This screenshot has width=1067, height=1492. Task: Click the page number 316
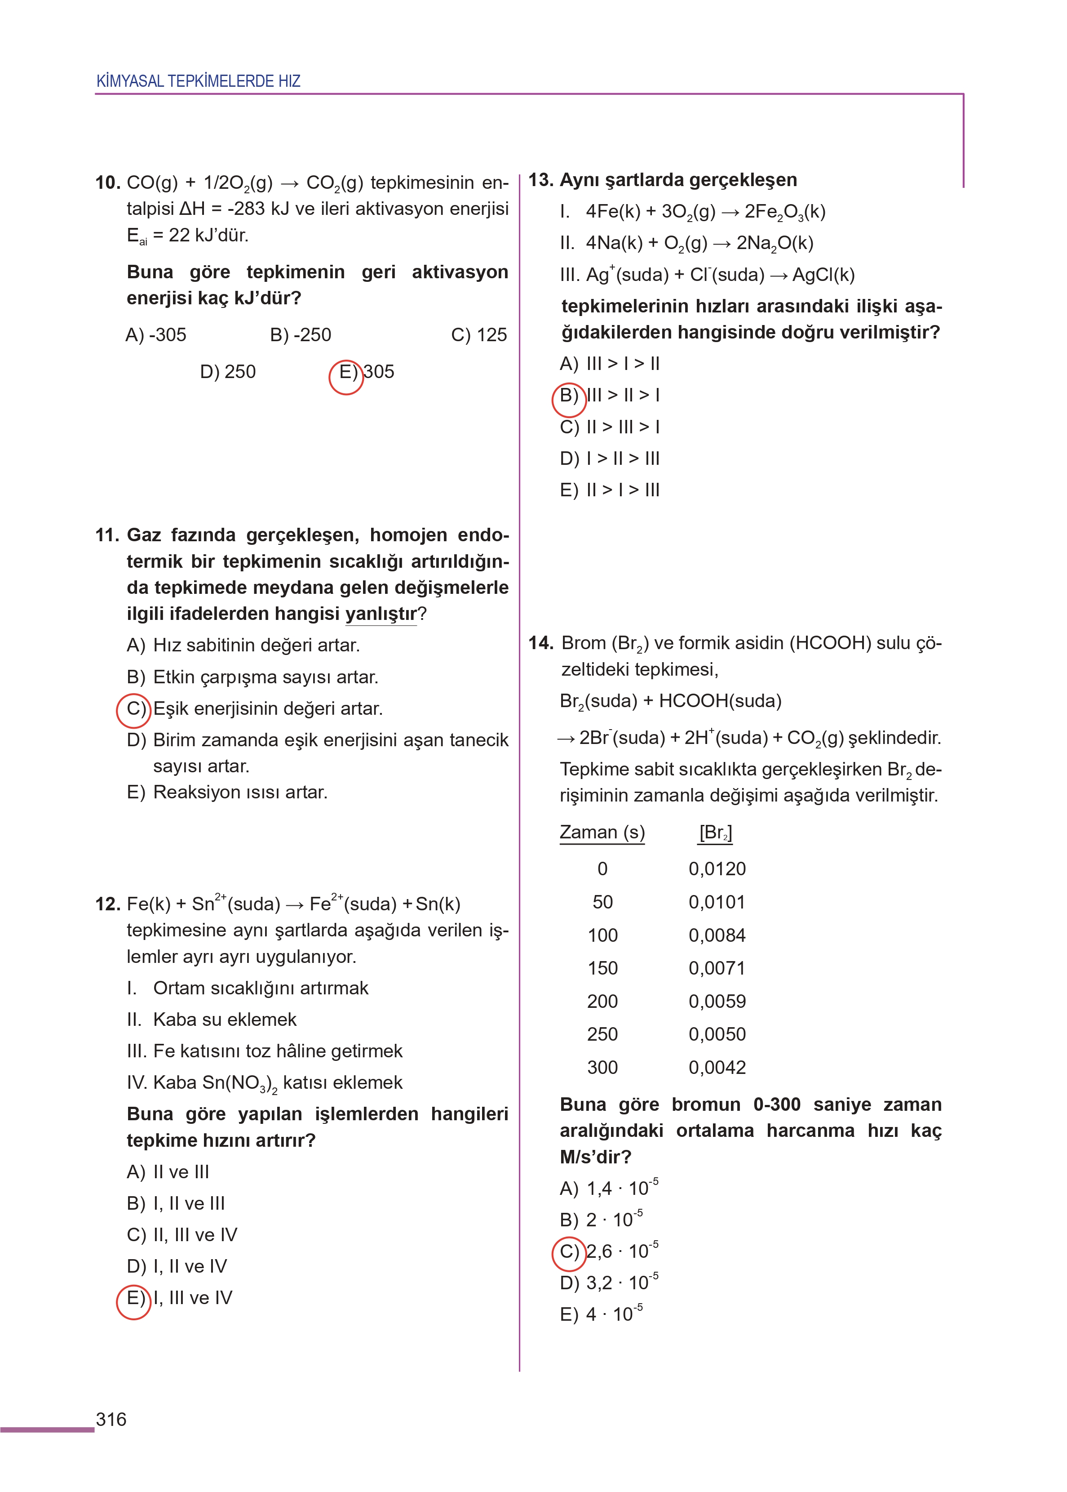[x=111, y=1419]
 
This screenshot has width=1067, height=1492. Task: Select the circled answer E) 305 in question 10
[x=347, y=373]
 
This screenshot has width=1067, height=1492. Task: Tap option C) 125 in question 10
[x=478, y=335]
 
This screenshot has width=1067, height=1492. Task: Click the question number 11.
[x=106, y=535]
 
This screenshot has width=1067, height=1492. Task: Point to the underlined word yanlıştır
[x=381, y=614]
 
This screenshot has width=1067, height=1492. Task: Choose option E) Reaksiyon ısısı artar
[x=227, y=792]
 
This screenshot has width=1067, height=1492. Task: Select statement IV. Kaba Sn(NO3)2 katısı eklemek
[x=264, y=1082]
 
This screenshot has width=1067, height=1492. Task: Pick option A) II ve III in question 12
[x=168, y=1172]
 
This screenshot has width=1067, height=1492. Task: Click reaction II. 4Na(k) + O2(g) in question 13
[x=686, y=243]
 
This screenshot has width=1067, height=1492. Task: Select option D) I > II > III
[x=609, y=458]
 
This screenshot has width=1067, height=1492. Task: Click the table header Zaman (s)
[x=602, y=832]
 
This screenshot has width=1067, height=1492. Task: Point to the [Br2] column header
[x=716, y=833]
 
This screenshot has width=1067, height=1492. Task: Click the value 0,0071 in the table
[x=717, y=968]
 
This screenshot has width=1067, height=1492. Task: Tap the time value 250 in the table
[x=602, y=1034]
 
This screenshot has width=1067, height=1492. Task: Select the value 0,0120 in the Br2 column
[x=717, y=869]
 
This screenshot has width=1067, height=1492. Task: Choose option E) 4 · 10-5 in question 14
[x=601, y=1314]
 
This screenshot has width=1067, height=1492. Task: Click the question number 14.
[x=540, y=643]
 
